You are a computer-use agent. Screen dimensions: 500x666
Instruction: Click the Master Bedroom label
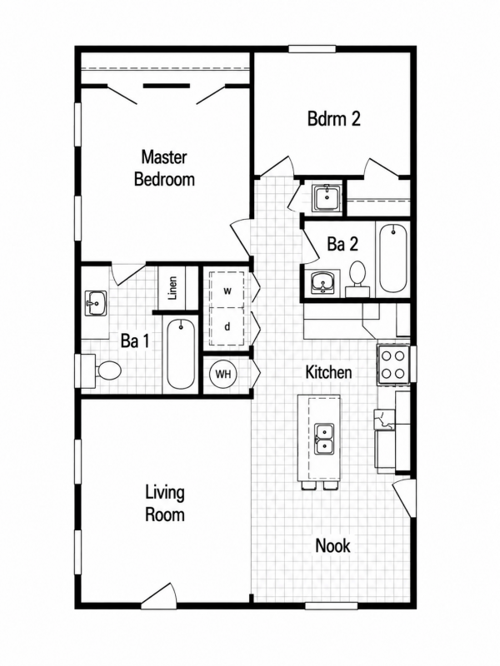[x=164, y=168]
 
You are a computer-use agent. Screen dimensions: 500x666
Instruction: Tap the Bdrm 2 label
[x=334, y=119]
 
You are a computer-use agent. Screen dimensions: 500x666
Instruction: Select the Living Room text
[x=165, y=504]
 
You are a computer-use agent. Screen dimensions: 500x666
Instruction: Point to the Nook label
[x=332, y=546]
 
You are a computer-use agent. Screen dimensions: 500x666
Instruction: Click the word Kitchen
[x=328, y=372]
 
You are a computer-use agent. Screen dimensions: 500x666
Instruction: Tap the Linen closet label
[x=172, y=288]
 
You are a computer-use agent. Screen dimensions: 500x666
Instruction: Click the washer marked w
[x=227, y=291]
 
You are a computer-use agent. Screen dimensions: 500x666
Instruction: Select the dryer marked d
[x=227, y=326]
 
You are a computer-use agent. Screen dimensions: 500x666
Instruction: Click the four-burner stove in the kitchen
[x=392, y=365]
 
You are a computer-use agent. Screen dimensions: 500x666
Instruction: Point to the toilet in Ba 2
[x=357, y=279]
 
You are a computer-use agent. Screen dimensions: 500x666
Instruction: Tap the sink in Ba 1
[x=96, y=303]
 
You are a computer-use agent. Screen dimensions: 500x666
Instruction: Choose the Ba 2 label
[x=342, y=244]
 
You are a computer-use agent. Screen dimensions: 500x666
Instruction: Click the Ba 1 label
[x=135, y=340]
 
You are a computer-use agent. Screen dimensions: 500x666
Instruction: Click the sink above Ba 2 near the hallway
[x=327, y=198]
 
